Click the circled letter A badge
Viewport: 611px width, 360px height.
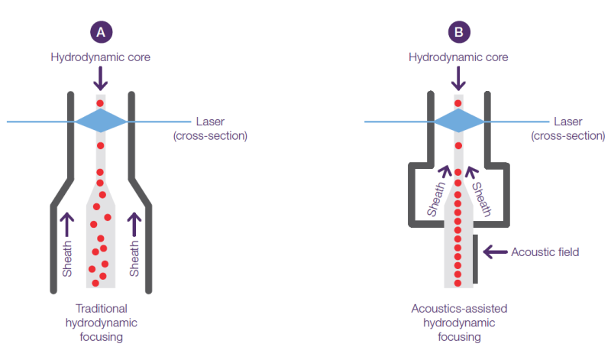coord(99,31)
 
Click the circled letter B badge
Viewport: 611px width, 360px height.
coord(457,31)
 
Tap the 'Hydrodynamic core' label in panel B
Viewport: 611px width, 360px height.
coord(457,57)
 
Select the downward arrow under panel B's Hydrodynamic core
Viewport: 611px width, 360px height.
coord(457,79)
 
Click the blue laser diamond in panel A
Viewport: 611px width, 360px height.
coord(100,121)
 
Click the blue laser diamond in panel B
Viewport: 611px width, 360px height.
coord(458,121)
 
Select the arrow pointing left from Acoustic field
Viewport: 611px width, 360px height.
coord(496,251)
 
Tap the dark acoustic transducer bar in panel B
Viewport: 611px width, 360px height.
coord(476,260)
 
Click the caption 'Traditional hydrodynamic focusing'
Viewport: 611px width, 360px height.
coord(100,322)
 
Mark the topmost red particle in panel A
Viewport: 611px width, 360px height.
coord(99,103)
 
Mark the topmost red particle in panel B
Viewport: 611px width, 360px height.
coord(458,103)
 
